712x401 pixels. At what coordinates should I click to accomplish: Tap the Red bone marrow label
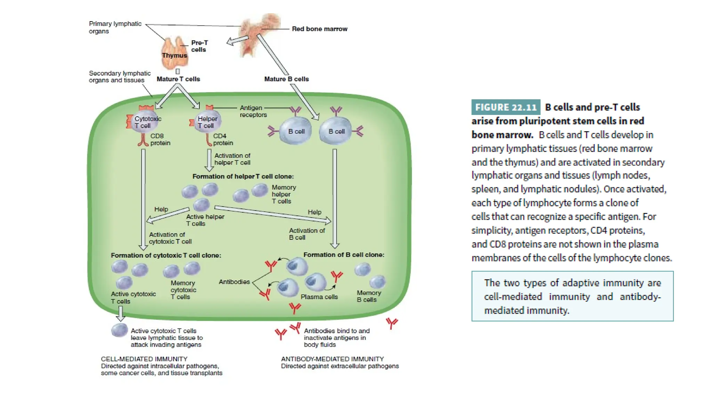click(319, 29)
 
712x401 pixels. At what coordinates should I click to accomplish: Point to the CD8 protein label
click(160, 139)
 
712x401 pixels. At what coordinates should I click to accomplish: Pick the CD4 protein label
click(223, 139)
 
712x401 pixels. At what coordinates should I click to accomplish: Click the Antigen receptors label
click(253, 111)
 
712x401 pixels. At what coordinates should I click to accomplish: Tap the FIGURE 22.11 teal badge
click(505, 107)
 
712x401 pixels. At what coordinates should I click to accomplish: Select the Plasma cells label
click(319, 297)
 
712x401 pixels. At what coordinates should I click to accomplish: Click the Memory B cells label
click(369, 296)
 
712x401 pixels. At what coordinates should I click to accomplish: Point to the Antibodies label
click(234, 282)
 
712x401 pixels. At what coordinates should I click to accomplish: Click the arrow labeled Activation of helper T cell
click(209, 160)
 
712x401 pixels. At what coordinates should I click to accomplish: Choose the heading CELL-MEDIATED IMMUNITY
click(144, 359)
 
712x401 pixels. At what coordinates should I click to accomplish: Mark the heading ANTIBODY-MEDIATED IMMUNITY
click(332, 359)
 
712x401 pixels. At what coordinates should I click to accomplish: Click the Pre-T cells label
click(199, 46)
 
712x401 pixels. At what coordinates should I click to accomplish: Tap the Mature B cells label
click(286, 79)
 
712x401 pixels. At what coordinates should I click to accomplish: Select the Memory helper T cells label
click(283, 194)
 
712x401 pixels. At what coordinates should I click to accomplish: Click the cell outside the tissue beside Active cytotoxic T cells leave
click(119, 330)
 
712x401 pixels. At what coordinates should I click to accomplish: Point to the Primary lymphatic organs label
click(115, 27)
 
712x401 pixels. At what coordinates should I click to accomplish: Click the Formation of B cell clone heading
click(343, 255)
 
